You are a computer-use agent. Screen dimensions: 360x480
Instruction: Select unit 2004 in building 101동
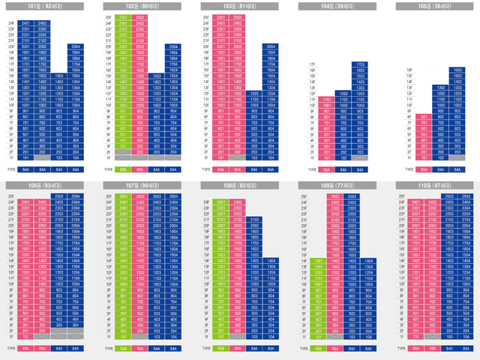click(x=75, y=46)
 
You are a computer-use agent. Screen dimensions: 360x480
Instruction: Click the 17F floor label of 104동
click(x=312, y=66)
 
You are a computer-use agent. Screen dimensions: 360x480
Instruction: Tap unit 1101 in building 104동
click(x=327, y=100)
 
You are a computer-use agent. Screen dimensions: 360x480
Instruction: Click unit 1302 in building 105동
click(x=440, y=87)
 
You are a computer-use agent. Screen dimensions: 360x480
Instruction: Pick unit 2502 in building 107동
click(x=139, y=196)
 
